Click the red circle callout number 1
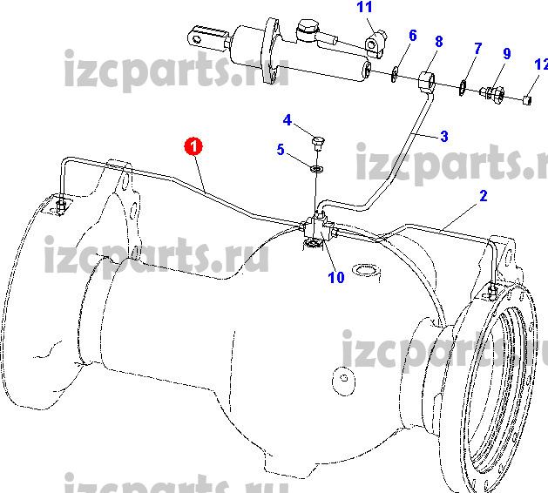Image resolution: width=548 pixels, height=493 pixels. (193, 146)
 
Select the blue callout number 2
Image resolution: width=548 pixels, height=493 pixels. (484, 196)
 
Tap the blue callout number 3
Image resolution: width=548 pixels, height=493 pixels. (444, 136)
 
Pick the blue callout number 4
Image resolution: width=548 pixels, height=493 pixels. (288, 120)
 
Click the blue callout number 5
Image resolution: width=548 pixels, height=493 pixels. (281, 150)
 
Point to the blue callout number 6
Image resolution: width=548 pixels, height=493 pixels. (413, 36)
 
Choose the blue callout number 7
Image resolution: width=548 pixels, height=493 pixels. (478, 49)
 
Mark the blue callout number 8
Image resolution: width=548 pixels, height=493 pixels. (439, 42)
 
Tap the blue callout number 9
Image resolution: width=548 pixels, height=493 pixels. (507, 53)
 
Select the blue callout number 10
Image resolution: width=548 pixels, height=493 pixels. (336, 278)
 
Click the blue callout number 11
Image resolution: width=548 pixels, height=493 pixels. (364, 7)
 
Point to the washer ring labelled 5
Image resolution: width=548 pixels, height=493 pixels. (316, 169)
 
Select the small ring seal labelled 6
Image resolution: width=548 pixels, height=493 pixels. (394, 74)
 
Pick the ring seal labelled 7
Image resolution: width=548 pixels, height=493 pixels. (463, 88)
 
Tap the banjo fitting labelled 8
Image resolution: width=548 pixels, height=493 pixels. (427, 81)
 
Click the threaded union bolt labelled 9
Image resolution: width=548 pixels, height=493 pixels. (492, 92)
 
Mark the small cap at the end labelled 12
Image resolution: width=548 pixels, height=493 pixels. (527, 100)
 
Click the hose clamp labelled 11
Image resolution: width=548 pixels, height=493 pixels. (375, 44)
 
